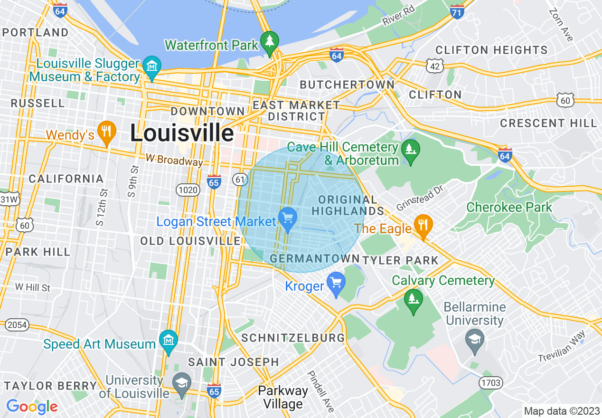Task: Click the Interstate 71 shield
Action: (456, 11)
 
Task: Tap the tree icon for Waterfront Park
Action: (270, 43)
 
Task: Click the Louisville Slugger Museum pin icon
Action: (152, 66)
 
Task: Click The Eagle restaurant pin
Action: (422, 226)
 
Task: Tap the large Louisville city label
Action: (182, 133)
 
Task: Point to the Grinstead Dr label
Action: (419, 198)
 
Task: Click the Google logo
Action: (32, 407)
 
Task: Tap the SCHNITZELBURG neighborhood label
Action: (293, 338)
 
